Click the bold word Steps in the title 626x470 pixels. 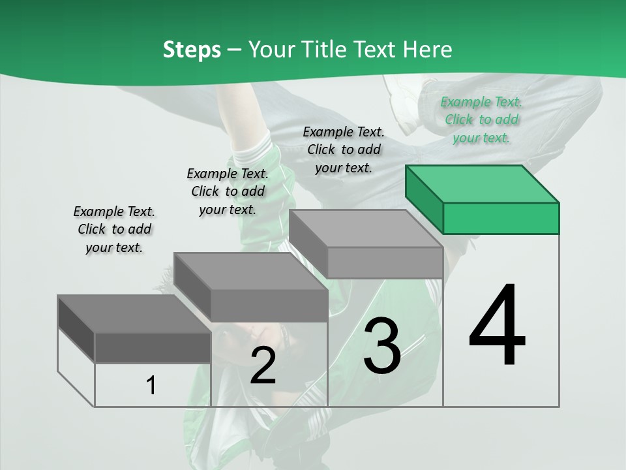pos(192,50)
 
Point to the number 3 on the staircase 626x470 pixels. pos(382,346)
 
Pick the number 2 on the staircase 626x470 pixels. pos(263,366)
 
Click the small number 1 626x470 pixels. pos(151,385)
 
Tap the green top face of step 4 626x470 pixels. pos(483,184)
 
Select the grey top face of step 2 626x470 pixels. pos(251,270)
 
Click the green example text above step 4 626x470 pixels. pos(481,119)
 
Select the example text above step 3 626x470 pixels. pos(344,149)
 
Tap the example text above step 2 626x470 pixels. pos(228,191)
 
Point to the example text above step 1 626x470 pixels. pos(114,229)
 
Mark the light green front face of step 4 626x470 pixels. pos(501,218)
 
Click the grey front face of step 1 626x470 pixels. pos(153,347)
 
